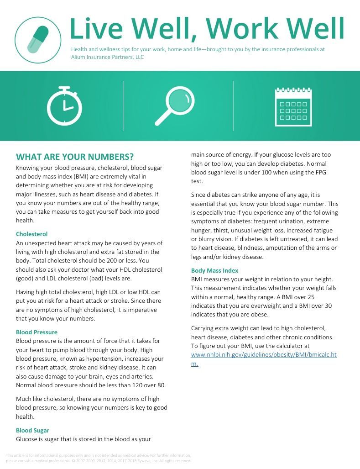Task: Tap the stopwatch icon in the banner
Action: tap(64, 106)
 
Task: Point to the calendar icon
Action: tap(293, 106)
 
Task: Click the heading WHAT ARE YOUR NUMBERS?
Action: tap(75, 157)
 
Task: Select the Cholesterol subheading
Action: tap(31, 234)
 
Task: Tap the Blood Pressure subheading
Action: tap(37, 332)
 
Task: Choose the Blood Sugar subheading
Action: tap(32, 430)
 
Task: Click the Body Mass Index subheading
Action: tap(214, 270)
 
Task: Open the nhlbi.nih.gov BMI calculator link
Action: tap(263, 355)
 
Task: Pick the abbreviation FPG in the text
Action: tap(321, 173)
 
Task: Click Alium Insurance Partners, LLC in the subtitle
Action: tap(107, 57)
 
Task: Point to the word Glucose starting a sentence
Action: tap(27, 439)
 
